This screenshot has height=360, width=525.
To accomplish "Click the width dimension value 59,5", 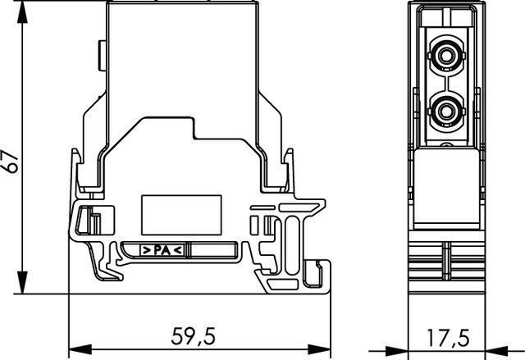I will pyautogui.click(x=194, y=336).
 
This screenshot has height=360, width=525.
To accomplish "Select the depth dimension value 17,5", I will pyautogui.click(x=449, y=336).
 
